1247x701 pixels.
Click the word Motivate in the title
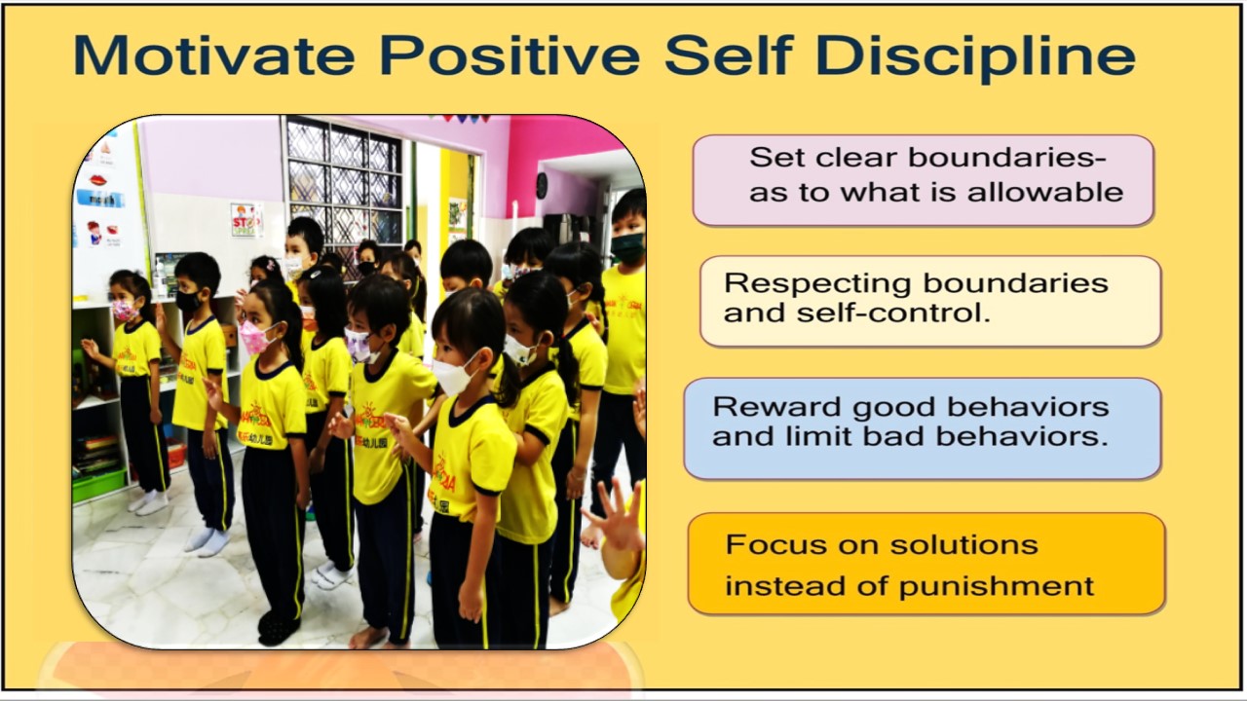tap(213, 55)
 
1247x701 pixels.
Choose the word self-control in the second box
tap(893, 313)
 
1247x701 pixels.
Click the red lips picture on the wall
tap(98, 180)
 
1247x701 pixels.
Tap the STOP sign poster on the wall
tap(244, 219)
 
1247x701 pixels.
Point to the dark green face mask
tap(628, 246)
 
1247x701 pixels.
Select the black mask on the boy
tap(188, 301)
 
